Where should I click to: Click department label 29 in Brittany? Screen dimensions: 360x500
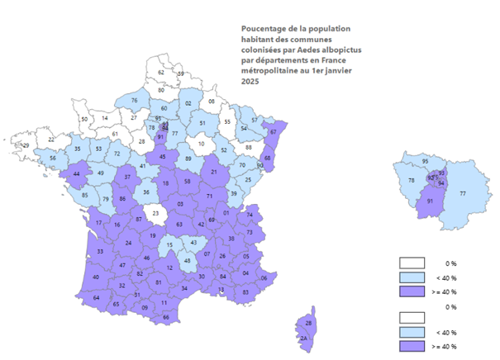(x=26, y=145)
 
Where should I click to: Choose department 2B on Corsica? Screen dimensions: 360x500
(x=309, y=322)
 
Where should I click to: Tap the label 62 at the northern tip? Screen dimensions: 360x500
(x=161, y=73)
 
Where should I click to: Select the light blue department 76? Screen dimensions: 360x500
(x=134, y=100)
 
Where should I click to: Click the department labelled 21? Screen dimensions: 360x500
(x=214, y=172)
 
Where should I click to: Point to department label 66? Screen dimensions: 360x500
(x=166, y=317)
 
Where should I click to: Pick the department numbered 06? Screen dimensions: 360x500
(x=264, y=278)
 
